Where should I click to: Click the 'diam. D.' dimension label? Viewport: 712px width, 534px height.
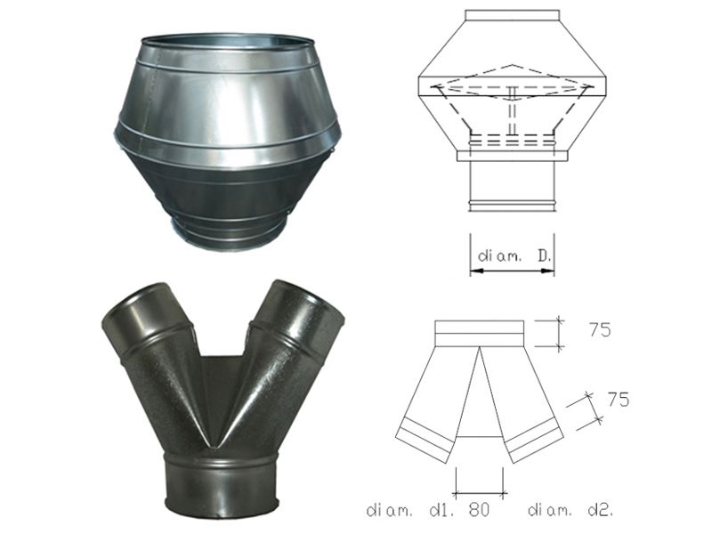pos(514,256)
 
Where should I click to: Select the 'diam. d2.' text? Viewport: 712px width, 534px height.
pos(570,510)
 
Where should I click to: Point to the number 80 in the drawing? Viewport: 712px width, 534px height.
pos(479,510)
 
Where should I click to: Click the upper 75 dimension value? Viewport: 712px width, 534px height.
pos(600,329)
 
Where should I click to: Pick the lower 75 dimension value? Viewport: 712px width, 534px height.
pos(618,399)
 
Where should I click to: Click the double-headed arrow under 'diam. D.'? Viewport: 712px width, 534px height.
pos(513,271)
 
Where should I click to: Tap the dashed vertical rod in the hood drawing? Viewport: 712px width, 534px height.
pos(513,110)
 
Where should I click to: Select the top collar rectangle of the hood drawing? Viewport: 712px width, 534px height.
pos(513,15)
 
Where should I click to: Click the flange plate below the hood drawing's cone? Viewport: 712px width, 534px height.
pos(513,157)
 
